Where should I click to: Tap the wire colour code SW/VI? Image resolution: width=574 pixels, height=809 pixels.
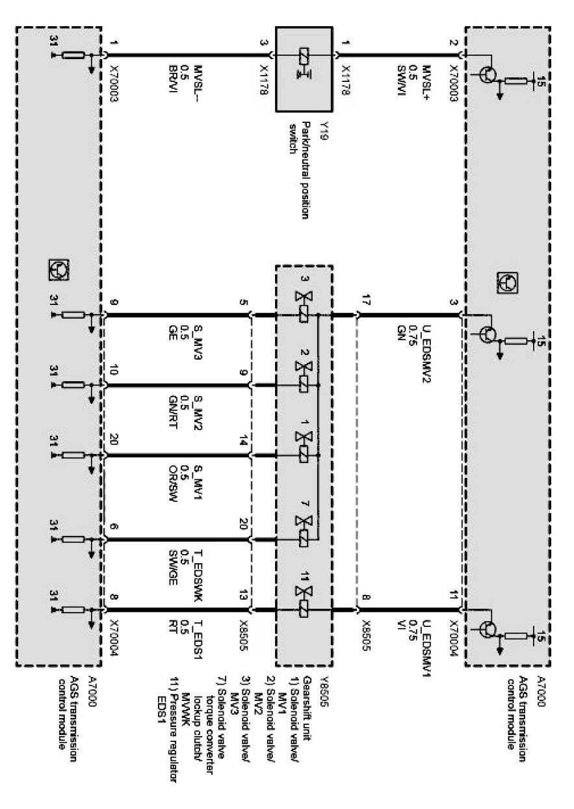(401, 74)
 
